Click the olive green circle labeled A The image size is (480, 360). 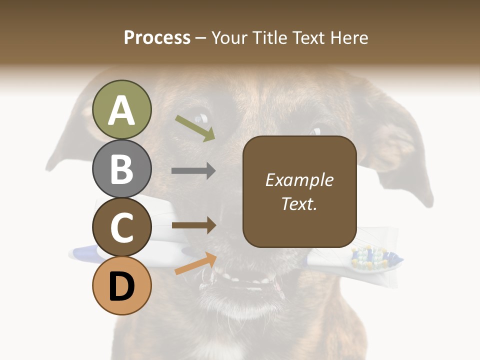122,109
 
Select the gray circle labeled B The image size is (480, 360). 122,168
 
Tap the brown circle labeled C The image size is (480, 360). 122,227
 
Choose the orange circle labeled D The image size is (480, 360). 122,286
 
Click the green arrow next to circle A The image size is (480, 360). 195,128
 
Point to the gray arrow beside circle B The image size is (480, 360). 193,171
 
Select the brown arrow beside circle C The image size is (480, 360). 193,225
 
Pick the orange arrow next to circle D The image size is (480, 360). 195,263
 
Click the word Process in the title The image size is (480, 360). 157,37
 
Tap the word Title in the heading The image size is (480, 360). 270,37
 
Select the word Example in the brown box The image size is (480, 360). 299,180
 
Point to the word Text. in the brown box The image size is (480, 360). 299,203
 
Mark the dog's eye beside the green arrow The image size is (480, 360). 202,118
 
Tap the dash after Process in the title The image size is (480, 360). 200,38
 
